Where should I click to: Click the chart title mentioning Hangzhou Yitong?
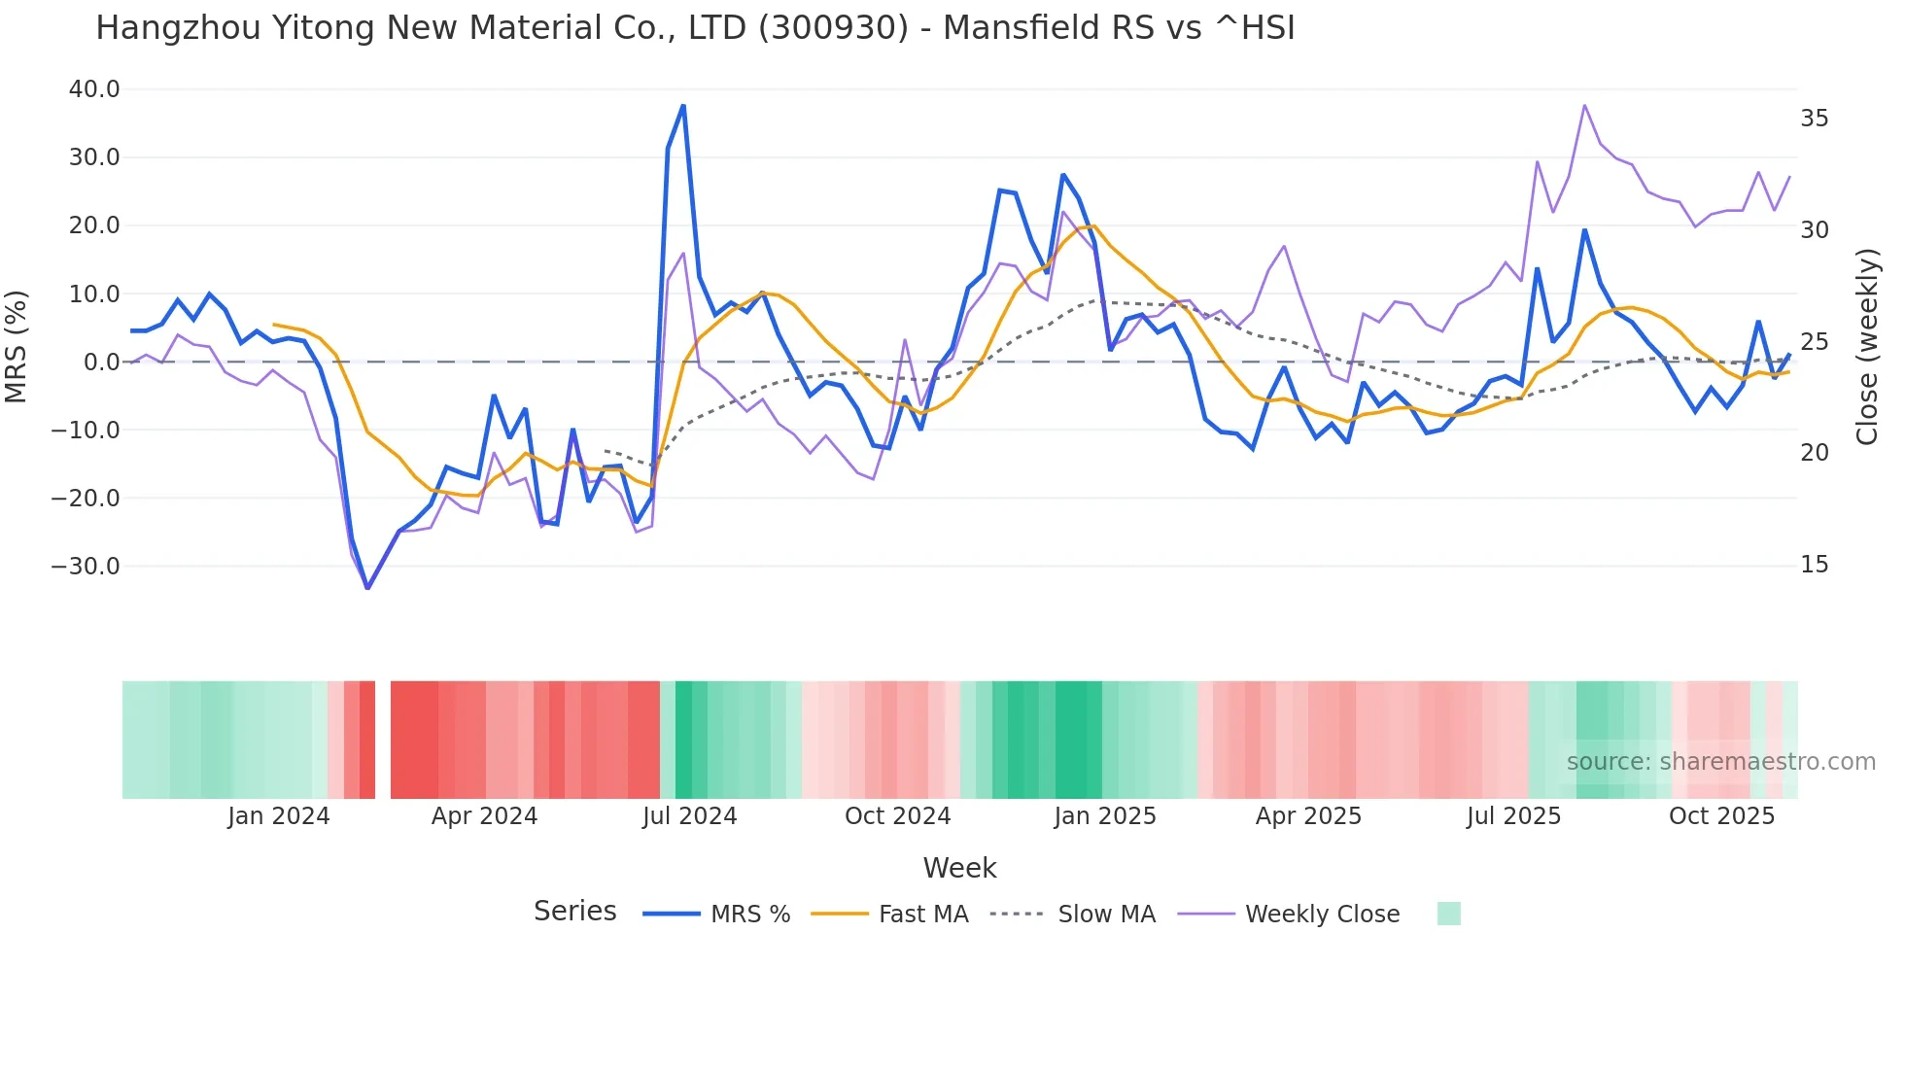point(695,28)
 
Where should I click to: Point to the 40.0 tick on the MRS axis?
point(94,89)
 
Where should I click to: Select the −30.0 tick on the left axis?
point(86,567)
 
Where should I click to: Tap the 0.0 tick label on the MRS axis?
point(101,363)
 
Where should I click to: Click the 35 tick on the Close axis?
point(1814,119)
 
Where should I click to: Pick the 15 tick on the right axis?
point(1814,565)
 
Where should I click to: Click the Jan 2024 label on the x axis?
point(279,816)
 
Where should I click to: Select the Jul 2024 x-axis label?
point(689,816)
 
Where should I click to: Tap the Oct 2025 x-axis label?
point(1721,816)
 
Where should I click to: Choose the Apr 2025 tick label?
point(1308,816)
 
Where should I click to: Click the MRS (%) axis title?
point(17,347)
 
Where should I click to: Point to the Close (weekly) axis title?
point(1867,347)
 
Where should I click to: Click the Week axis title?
point(959,868)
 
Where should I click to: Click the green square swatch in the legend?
point(1448,914)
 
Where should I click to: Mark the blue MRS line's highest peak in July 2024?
point(683,105)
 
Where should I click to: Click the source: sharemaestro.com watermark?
point(1720,762)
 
